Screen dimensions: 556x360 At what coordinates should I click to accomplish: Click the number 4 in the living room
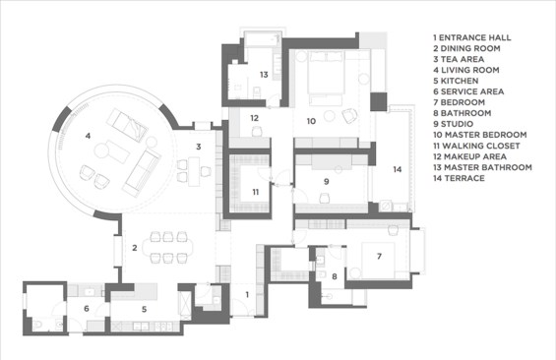click(x=88, y=136)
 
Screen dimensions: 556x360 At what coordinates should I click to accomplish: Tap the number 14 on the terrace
click(x=398, y=169)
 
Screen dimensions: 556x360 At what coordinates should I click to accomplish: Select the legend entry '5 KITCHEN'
click(x=456, y=81)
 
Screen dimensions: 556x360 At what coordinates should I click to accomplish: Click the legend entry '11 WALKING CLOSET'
click(x=476, y=146)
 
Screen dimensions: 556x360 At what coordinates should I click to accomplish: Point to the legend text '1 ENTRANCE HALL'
click(x=472, y=37)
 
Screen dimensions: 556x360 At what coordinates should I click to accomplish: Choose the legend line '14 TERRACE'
click(x=459, y=178)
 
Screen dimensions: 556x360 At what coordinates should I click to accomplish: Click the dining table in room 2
click(x=167, y=247)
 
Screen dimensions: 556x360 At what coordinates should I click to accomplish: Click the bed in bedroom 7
click(x=378, y=260)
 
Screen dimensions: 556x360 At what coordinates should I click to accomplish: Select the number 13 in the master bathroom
click(x=264, y=75)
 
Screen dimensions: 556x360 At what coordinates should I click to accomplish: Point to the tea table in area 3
click(x=194, y=172)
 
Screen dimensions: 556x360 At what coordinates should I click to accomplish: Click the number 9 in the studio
click(x=327, y=181)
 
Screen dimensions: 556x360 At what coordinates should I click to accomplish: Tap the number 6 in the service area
click(x=87, y=309)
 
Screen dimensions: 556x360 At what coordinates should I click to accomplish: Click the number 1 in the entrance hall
click(x=247, y=294)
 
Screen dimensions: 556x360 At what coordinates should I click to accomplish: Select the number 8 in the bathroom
click(x=334, y=276)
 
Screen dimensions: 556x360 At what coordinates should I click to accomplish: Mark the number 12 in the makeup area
click(x=254, y=118)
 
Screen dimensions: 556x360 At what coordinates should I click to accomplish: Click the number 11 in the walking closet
click(x=256, y=192)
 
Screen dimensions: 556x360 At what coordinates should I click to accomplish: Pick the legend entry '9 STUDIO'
click(x=454, y=124)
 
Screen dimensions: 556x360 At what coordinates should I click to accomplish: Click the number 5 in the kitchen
click(x=144, y=309)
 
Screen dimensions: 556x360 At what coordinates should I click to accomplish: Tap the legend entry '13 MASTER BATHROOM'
click(x=482, y=167)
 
